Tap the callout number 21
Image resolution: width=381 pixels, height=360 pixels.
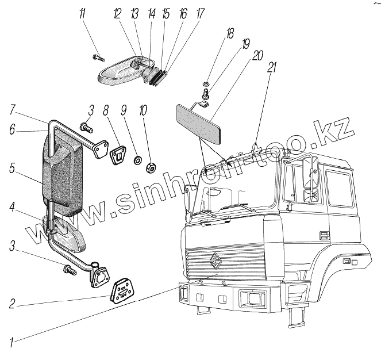point(271,67)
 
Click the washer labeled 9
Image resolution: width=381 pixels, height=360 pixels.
point(138,159)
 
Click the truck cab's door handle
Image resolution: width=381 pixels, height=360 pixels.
point(325,234)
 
